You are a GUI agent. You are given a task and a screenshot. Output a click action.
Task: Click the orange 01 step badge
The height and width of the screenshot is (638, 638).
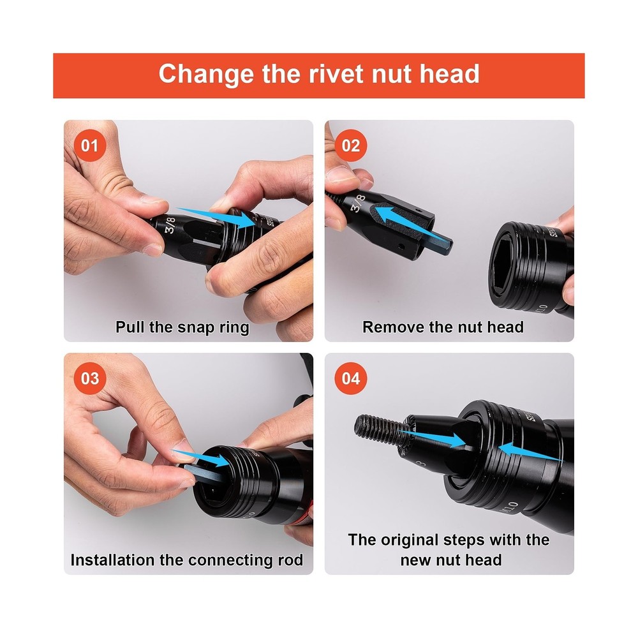point(90,145)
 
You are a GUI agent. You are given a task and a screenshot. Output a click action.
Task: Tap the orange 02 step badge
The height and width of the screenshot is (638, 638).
point(351,145)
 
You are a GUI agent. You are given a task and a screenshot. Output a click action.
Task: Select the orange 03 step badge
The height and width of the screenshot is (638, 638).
point(90,378)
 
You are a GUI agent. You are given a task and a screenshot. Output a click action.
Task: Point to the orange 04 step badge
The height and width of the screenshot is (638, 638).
point(351,378)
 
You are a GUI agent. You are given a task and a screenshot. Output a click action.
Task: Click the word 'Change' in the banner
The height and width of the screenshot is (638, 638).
point(207,75)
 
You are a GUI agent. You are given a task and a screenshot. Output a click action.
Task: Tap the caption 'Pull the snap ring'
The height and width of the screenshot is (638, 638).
point(182,327)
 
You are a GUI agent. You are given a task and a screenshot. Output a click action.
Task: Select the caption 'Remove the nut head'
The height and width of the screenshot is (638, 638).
point(443,327)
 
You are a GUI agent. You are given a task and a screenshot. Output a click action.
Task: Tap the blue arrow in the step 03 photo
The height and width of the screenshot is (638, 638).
point(201,457)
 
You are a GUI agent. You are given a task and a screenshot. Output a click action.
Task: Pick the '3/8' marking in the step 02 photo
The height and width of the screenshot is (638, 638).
point(358,203)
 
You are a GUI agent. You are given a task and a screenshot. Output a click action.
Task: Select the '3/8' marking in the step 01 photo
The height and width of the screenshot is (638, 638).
point(170,225)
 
